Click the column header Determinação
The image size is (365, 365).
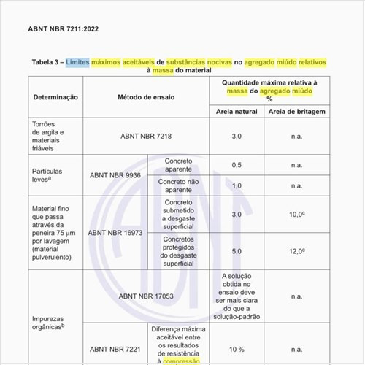[55, 97]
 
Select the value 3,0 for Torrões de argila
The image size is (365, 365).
[236, 136]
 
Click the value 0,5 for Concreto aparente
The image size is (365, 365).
[236, 165]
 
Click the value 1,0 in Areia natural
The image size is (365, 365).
[236, 185]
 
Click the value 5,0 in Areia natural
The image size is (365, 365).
[236, 251]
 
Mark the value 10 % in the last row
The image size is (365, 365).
[236, 350]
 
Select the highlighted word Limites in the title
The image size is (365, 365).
[78, 63]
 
